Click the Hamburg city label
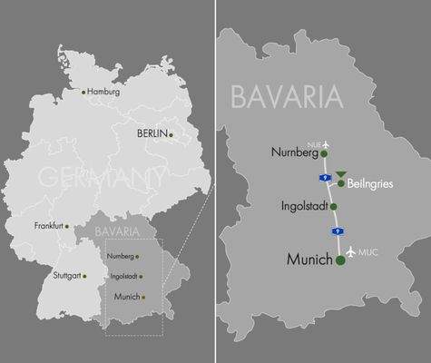[x=103, y=92]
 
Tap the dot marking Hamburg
[x=83, y=92]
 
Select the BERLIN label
[x=152, y=133]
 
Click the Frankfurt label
[x=49, y=225]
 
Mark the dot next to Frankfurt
[x=66, y=226]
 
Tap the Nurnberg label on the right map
[x=296, y=152]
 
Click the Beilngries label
[x=371, y=183]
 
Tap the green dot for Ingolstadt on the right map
[x=334, y=206]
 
